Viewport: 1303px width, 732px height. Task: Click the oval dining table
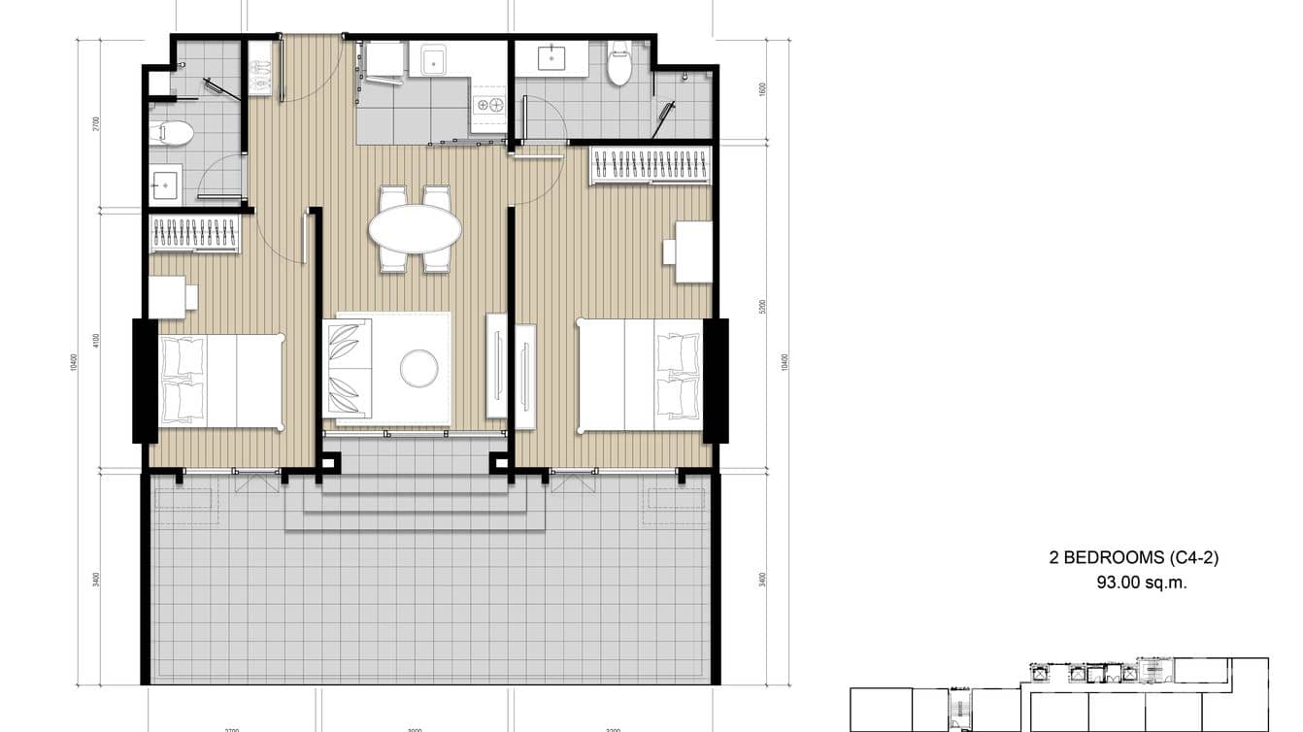pos(415,228)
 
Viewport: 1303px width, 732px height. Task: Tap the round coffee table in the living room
pos(418,366)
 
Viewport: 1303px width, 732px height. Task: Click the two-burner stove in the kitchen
pos(488,104)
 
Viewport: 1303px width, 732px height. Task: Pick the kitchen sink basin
pos(427,60)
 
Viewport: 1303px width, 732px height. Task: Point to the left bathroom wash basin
pos(165,184)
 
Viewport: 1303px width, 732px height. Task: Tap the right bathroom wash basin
pos(552,58)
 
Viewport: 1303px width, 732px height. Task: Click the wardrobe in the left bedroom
pos(194,234)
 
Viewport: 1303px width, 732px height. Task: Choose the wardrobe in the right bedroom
pos(651,165)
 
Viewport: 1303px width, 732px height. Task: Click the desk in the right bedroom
pos(692,251)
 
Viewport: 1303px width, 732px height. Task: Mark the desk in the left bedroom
pos(168,297)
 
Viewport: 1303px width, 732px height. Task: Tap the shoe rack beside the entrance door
pos(259,67)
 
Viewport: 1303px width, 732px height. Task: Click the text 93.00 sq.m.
pos(1141,583)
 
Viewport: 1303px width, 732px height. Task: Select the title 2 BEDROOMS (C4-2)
pos(1133,557)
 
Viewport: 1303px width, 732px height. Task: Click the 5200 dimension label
pos(762,307)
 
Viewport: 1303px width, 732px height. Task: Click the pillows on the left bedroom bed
pos(183,381)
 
